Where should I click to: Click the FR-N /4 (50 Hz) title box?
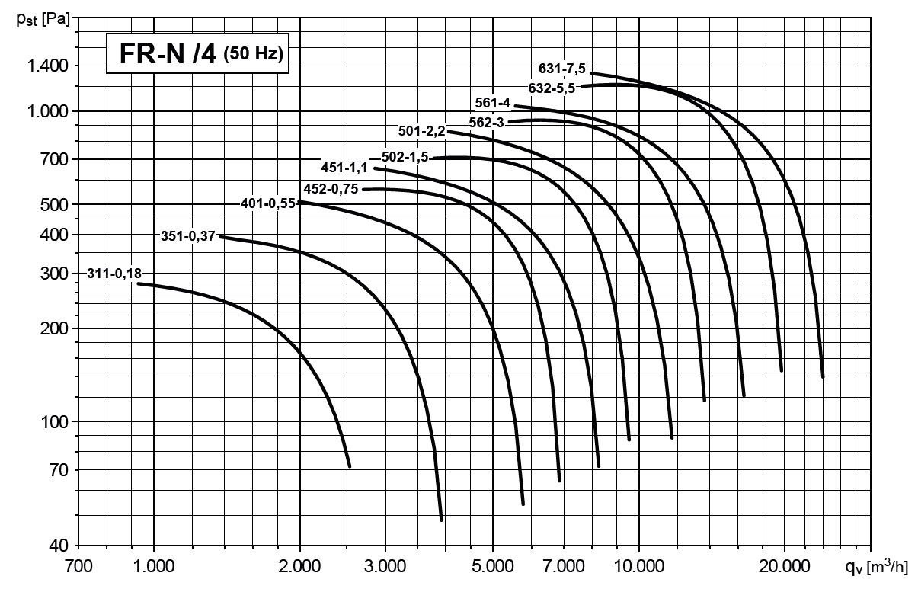[197, 55]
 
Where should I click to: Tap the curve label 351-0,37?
[188, 235]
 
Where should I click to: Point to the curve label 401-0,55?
[268, 203]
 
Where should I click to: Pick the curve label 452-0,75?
[331, 189]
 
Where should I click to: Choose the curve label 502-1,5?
[405, 157]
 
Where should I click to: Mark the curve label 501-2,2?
[421, 131]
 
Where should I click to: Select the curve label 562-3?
[486, 121]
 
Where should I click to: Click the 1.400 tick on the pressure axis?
[50, 66]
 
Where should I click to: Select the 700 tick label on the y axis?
[56, 159]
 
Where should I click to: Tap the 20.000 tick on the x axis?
[784, 566]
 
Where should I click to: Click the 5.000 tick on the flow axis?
[492, 566]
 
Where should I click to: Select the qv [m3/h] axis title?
[877, 566]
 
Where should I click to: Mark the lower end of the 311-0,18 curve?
[349, 466]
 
